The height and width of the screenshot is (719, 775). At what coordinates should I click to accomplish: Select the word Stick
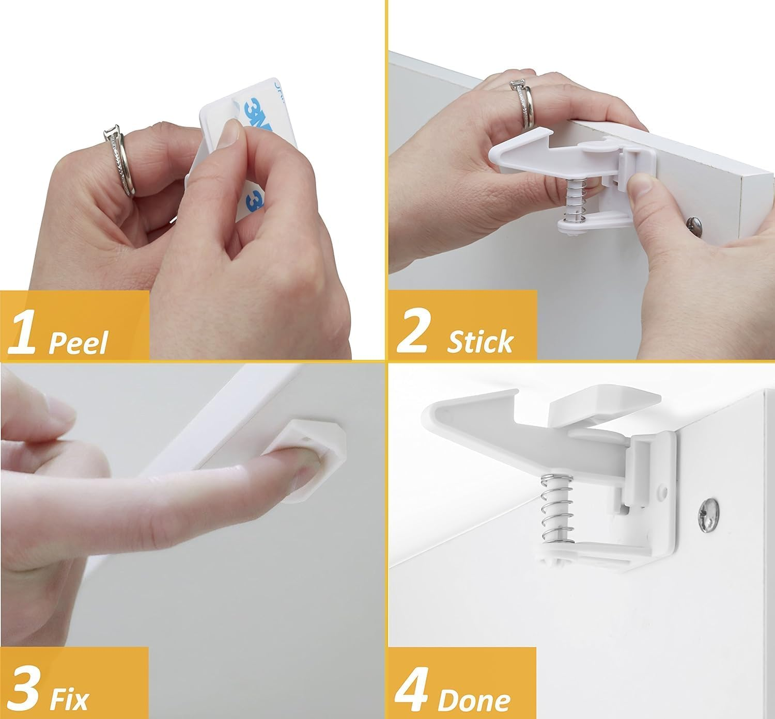pos(480,342)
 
